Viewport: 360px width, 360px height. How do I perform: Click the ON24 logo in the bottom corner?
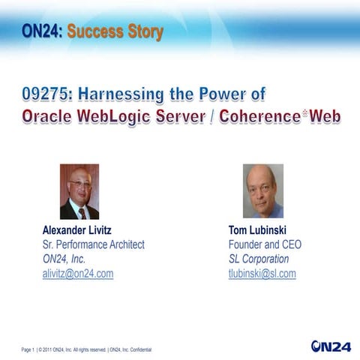[x=330, y=346]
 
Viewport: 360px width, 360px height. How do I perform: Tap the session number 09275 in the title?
[x=44, y=95]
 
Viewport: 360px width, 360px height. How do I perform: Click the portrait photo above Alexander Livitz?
[x=79, y=191]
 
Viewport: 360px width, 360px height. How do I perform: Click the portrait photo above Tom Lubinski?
[x=263, y=191]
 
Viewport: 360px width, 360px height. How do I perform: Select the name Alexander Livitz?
[x=82, y=229]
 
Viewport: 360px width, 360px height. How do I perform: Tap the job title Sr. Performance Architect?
[x=94, y=244]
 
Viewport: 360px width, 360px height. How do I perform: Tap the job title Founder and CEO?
[x=265, y=244]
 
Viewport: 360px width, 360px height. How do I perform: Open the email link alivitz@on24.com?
[x=78, y=274]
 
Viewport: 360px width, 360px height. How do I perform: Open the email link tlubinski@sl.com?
[x=262, y=274]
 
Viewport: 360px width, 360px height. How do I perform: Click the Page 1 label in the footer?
[x=30, y=349]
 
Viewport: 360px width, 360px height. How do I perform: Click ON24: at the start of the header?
[x=43, y=32]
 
